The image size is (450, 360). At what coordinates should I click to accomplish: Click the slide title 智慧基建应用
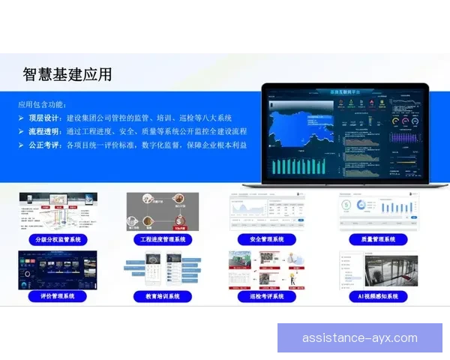pyautogui.click(x=67, y=73)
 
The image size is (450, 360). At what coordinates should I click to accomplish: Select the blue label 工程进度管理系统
pyautogui.click(x=162, y=240)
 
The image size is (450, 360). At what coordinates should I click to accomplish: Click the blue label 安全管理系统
pyautogui.click(x=267, y=240)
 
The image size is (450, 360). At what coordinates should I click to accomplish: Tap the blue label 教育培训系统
pyautogui.click(x=162, y=296)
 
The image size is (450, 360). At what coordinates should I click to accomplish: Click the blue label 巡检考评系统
pyautogui.click(x=267, y=296)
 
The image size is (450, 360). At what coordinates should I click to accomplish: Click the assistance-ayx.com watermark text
pyautogui.click(x=360, y=337)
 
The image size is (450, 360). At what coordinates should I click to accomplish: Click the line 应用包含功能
pyautogui.click(x=43, y=104)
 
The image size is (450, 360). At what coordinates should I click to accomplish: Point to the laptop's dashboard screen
pyautogui.click(x=344, y=133)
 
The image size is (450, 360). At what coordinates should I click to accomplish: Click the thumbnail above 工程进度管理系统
pyautogui.click(x=162, y=211)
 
